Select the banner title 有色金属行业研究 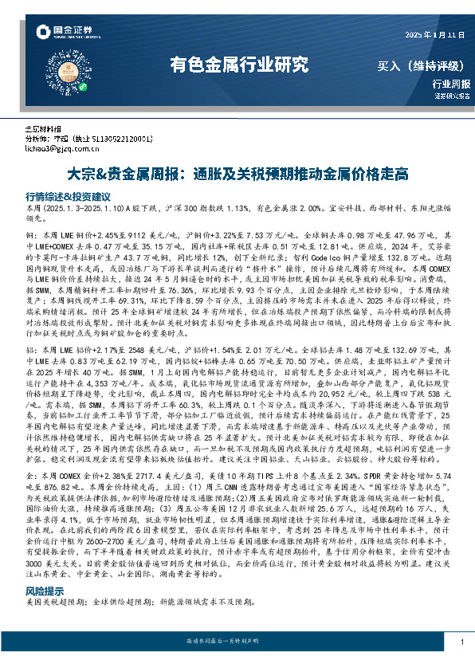[x=240, y=65]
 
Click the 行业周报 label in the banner [x=451, y=84]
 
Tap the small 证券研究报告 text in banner [x=452, y=96]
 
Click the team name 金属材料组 [x=43, y=128]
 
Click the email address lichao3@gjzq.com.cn [x=61, y=147]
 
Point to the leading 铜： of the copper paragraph [x=31, y=236]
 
